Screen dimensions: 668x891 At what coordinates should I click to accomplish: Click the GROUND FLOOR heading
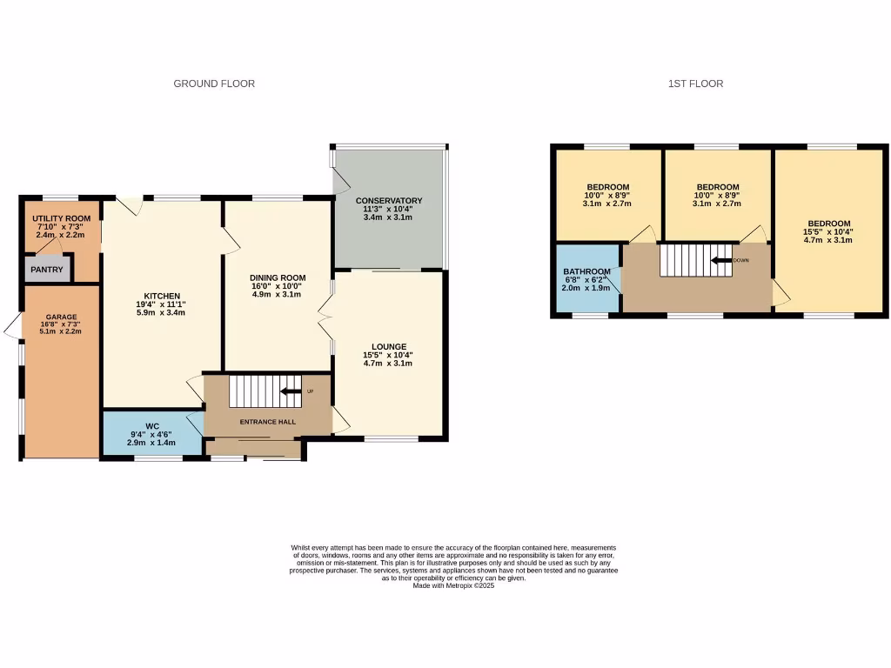pos(214,83)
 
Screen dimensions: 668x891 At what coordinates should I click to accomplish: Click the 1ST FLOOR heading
pos(695,83)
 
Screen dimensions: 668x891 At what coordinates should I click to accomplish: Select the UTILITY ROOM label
pos(61,218)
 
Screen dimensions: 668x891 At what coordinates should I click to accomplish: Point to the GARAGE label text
pos(62,317)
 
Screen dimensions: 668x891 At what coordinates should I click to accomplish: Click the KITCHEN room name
pos(162,296)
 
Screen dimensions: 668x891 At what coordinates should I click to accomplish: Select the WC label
pos(151,425)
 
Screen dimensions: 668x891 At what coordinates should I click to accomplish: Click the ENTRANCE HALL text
pos(269,423)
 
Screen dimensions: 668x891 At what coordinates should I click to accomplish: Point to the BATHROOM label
pos(587,271)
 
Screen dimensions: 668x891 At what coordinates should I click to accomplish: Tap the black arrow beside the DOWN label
pos(720,260)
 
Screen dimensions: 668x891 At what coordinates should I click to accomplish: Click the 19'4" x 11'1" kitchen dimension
pos(162,304)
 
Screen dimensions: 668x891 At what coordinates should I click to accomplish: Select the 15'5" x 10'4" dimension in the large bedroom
pos(827,232)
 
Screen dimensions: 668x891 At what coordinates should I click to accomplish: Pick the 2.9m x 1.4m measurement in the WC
pos(151,443)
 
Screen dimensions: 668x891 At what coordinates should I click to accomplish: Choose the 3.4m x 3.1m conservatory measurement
pos(387,217)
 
